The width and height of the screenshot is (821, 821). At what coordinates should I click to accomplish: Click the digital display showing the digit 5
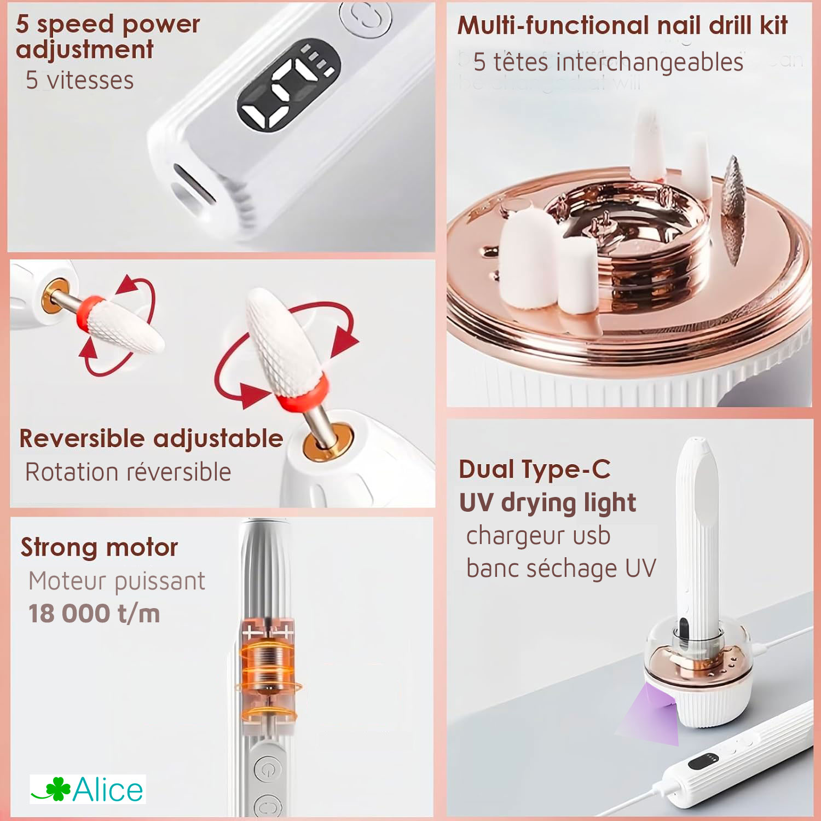click(288, 86)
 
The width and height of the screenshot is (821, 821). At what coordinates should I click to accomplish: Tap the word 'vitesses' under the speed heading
click(90, 80)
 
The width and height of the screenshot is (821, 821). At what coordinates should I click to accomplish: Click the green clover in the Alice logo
click(57, 789)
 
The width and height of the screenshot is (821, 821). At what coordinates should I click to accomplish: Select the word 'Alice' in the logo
click(108, 790)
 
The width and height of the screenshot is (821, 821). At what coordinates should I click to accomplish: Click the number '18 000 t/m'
click(94, 614)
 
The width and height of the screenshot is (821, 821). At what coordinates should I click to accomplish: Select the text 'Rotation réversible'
click(128, 472)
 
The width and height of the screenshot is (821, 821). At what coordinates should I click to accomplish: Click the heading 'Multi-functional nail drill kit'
click(622, 25)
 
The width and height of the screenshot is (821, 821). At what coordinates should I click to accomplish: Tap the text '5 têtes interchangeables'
click(608, 62)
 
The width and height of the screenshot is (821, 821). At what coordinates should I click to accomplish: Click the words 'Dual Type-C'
click(534, 469)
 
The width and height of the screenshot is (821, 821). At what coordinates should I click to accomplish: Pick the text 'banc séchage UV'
click(560, 568)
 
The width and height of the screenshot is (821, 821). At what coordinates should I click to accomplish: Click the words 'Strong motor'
click(99, 547)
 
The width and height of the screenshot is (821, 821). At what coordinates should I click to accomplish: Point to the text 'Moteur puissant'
click(117, 581)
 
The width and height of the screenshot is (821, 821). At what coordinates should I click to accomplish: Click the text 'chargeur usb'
click(537, 535)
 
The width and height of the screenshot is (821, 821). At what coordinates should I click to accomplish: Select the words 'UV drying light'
click(547, 502)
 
